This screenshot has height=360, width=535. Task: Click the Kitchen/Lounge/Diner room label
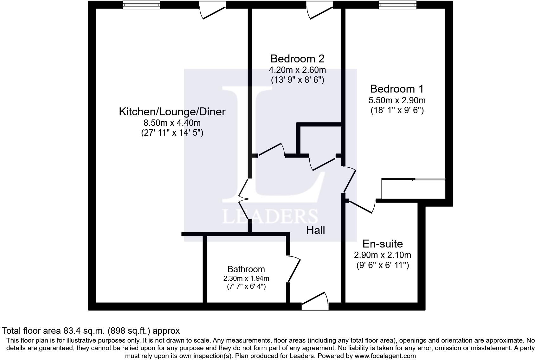172,112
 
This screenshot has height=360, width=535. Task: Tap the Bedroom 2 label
297,59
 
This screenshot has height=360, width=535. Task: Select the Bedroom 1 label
396,89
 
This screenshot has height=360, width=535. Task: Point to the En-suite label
383,244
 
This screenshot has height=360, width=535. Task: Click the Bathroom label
246,269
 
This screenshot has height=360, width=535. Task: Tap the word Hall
315,230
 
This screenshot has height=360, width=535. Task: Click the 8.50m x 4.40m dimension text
172,123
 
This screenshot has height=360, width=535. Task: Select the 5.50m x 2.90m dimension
397,100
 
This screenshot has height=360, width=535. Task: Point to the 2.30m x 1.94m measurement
246,279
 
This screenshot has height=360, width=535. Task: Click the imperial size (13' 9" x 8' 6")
297,80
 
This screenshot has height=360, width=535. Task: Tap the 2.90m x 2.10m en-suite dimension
383,255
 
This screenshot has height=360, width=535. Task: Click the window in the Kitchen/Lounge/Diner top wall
141,5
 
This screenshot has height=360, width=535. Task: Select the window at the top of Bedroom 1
397,5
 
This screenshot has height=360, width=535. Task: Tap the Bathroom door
293,269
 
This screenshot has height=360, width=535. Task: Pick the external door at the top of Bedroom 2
319,10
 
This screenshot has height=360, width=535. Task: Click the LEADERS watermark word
270,217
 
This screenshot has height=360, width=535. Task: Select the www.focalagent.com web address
385,356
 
